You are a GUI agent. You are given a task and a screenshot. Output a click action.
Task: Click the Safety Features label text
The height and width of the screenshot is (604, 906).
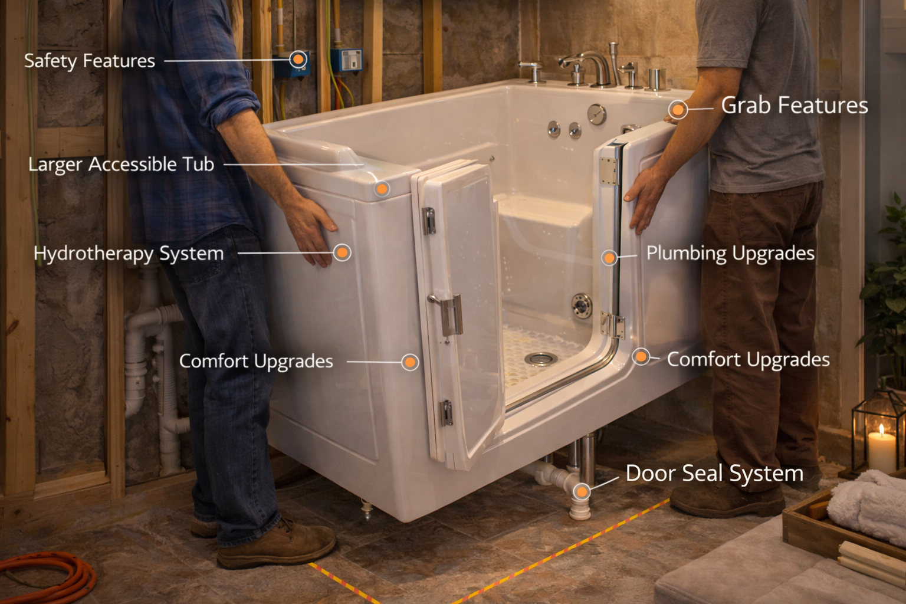89,61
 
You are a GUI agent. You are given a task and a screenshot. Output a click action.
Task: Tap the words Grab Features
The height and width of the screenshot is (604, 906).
794,106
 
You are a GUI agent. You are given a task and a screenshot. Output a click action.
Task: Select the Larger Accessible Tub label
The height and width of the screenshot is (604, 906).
121,165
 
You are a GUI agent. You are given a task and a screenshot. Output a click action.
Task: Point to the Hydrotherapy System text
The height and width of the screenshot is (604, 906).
129,254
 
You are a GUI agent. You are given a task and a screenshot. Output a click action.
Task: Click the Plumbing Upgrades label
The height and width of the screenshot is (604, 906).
730,254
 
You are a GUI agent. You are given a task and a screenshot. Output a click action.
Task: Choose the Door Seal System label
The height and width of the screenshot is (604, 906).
714,474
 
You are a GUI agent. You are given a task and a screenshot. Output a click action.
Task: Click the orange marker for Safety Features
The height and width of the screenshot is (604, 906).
298,60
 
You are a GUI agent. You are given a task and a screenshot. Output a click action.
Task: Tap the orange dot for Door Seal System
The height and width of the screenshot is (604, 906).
582,491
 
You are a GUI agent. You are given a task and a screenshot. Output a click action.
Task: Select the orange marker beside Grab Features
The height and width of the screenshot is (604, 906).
678,109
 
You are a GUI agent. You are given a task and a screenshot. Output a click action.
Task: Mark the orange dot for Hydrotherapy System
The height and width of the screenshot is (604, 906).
342,253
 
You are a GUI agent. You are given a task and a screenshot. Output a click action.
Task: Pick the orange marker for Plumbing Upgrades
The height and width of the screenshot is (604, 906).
610,257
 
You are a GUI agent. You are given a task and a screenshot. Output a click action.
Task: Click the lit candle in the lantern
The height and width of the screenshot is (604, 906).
881,445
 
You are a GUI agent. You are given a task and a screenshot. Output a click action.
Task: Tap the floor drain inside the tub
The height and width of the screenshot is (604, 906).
540,358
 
